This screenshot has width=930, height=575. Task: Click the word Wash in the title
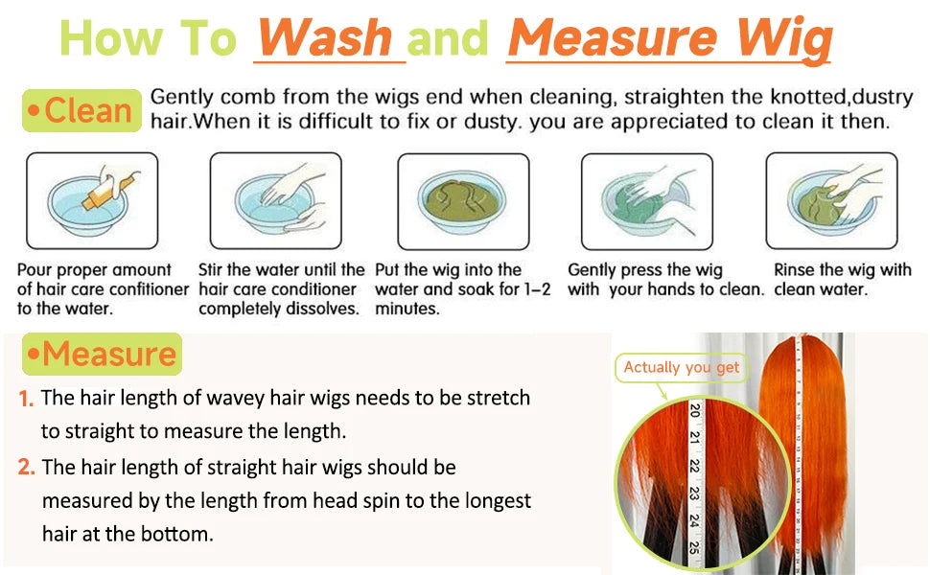coord(326,37)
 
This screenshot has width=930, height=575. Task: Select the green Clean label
coord(81,110)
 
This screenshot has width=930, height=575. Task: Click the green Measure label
coord(102,354)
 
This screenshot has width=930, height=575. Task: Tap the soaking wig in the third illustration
coord(462,200)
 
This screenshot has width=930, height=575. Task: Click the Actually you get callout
coord(682,368)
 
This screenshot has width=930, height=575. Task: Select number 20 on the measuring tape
coord(695,409)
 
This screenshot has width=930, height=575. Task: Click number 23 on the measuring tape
coord(694,494)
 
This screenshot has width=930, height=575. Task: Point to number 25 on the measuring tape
coord(694,547)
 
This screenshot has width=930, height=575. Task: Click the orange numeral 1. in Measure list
coord(26,399)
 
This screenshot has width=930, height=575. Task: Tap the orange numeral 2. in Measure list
coord(26,467)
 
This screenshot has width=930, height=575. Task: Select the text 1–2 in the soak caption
coord(537,289)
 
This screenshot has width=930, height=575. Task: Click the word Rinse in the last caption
coord(794,269)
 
